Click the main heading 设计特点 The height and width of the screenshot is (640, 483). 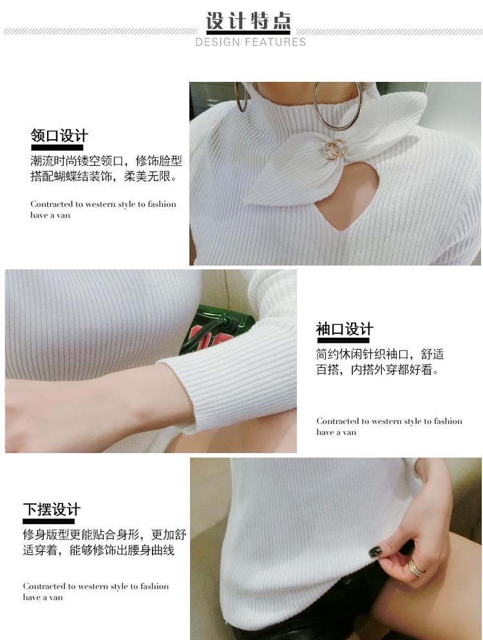tap(248, 21)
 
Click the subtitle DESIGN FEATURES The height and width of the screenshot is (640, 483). tap(251, 42)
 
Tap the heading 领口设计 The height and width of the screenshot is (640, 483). tap(59, 135)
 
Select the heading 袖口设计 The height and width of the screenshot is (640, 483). tap(345, 329)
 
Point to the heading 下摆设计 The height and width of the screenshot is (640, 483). tap(52, 510)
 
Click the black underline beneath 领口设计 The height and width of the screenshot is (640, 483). tap(57, 148)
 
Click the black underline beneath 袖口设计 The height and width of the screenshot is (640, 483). tap(343, 340)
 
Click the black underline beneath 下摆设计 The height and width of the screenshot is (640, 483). tap(48, 521)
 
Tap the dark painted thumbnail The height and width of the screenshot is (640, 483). tap(375, 552)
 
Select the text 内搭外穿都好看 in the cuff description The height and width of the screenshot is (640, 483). tap(391, 370)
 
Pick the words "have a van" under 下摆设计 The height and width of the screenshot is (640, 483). tap(43, 597)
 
